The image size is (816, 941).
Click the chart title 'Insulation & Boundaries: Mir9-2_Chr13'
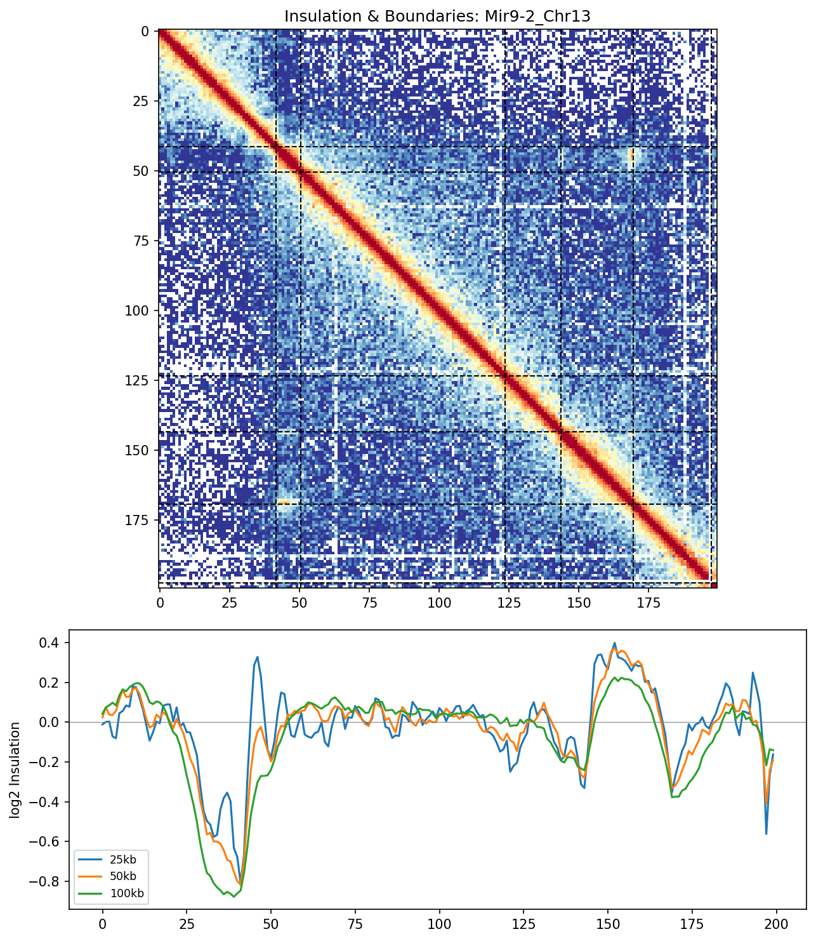tap(437, 16)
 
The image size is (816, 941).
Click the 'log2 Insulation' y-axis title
tap(15, 770)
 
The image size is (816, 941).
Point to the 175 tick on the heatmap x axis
tap(648, 602)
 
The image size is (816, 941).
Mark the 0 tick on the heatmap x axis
tap(160, 602)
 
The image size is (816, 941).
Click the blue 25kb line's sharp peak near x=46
tap(258, 657)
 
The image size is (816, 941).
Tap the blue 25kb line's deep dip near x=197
tap(767, 834)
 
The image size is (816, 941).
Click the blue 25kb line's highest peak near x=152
tap(614, 643)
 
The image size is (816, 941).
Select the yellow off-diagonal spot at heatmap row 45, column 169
tap(631, 157)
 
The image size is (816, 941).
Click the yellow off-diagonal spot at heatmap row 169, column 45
tap(286, 504)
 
